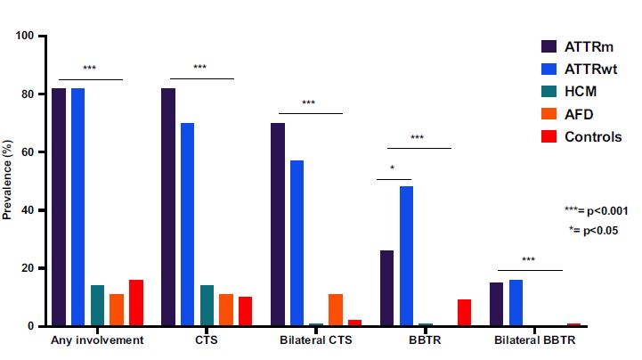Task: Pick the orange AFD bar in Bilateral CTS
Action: click(335, 310)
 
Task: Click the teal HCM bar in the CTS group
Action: click(207, 306)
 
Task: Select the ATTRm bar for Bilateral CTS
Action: click(278, 225)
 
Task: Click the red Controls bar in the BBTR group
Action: click(464, 313)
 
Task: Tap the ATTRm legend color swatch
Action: click(549, 46)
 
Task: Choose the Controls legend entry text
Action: click(593, 137)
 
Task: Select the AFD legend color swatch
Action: click(549, 114)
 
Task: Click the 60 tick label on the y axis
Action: click(28, 152)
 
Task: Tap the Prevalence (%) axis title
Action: click(8, 181)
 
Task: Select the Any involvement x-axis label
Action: click(97, 340)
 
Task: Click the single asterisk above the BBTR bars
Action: click(393, 168)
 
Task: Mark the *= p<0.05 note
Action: click(595, 230)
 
